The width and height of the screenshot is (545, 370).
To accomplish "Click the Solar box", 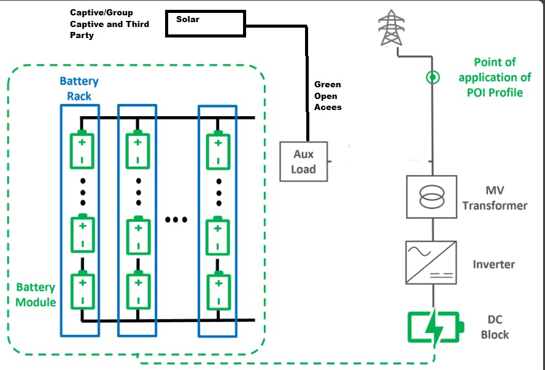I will pyautogui.click(x=206, y=23).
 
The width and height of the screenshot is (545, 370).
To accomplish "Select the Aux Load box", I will pyautogui.click(x=304, y=162).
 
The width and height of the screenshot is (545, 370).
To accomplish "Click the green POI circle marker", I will pyautogui.click(x=433, y=77).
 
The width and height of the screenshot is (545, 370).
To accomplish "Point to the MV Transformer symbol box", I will pyautogui.click(x=431, y=196).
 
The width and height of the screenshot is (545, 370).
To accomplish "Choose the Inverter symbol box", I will pyautogui.click(x=431, y=262).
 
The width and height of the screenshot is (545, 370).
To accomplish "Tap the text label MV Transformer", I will pyautogui.click(x=495, y=198).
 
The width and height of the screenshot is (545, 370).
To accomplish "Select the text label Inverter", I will pyautogui.click(x=493, y=264).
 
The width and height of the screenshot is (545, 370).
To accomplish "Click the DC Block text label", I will pyautogui.click(x=495, y=328).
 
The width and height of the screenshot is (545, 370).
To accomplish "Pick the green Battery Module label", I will pyautogui.click(x=36, y=294).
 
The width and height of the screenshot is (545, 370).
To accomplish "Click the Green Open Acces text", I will pyautogui.click(x=328, y=96).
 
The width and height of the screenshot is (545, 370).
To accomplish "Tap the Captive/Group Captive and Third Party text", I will pyautogui.click(x=110, y=24).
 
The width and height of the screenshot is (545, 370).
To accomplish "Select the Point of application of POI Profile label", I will pyautogui.click(x=494, y=77).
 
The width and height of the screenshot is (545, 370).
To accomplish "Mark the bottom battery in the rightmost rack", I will pyautogui.click(x=217, y=291).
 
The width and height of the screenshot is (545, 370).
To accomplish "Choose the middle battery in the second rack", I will pyautogui.click(x=137, y=234).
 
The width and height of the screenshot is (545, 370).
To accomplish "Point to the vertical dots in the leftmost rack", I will pyautogui.click(x=82, y=192).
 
